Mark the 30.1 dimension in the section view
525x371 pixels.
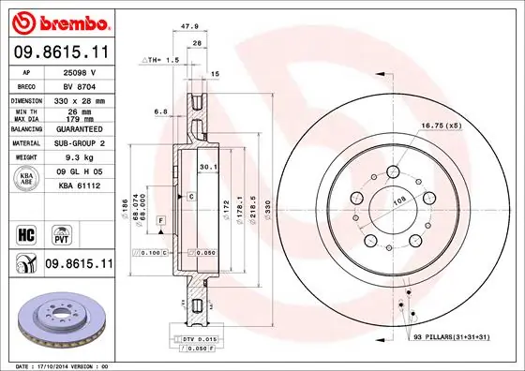[x=208, y=169]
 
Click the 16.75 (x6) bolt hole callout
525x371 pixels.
[x=439, y=125]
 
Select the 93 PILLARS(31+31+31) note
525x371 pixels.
[x=457, y=336]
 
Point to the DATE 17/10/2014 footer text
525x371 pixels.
[x=59, y=364]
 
